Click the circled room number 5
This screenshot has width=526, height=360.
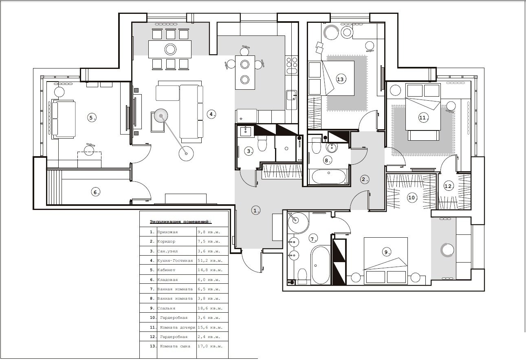[92, 117]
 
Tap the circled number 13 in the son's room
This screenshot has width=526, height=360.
[340, 79]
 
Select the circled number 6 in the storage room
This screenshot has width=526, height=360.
[95, 192]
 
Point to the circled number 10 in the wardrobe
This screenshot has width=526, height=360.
[412, 198]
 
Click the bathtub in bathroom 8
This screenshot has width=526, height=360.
[329, 177]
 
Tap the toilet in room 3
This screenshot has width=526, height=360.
[262, 144]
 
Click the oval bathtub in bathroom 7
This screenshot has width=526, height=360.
[320, 265]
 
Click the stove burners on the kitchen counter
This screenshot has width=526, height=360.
[292, 65]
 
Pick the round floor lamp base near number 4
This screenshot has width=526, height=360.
[186, 154]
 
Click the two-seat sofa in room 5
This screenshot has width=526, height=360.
[64, 119]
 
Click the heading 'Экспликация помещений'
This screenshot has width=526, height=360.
[180, 222]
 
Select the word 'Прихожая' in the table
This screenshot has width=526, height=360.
[167, 232]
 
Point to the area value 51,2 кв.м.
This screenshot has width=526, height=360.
[210, 261]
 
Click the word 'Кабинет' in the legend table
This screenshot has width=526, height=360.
[166, 270]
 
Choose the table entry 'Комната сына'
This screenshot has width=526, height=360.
[175, 346]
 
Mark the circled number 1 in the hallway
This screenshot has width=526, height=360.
[256, 210]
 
